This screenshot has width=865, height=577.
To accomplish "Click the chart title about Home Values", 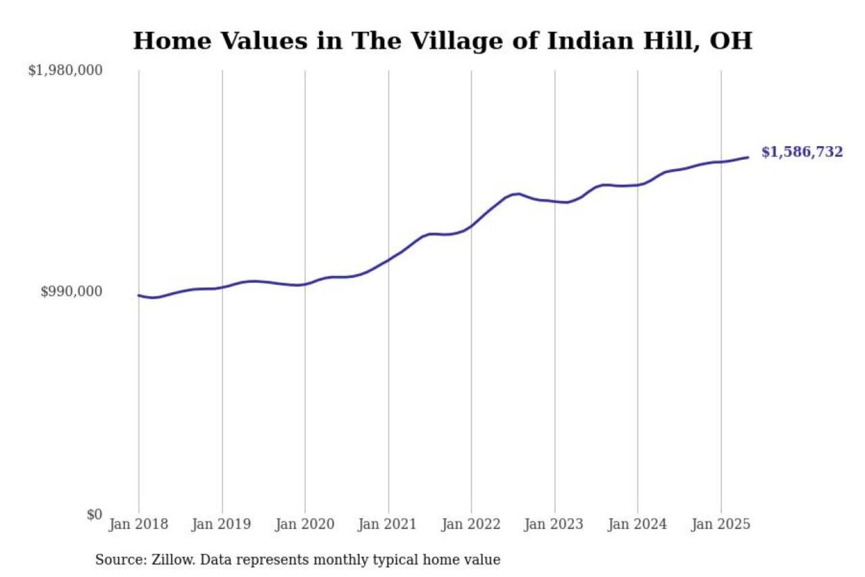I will pos(442,41).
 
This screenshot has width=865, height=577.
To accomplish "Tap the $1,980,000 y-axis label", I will pos(65,70).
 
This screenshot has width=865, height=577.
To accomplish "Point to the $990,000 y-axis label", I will pos(71,292).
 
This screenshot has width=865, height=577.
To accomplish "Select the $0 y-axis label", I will pos(94,514).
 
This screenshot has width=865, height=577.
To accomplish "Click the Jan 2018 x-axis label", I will pos(138,524).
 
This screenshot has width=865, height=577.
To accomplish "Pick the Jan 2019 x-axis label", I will pos(221,524).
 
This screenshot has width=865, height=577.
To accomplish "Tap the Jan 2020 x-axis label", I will pos(305,524).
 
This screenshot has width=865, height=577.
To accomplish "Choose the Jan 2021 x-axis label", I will pos(387,524).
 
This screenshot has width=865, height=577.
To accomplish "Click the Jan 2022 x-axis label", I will pos(471,524).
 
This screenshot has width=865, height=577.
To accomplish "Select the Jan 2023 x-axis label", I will pos(554,524).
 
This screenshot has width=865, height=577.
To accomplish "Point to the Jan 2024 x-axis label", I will pos(637,524).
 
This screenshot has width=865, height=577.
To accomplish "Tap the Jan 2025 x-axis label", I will pos(721,524).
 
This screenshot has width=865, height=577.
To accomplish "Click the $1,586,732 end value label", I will pos(802,152).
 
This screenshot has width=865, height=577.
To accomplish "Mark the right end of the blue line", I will pos(748,157).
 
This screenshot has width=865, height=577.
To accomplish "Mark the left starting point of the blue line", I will pos(139,295).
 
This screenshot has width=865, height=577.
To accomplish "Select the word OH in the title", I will pos(731,41).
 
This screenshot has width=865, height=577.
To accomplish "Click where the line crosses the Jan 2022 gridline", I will pos(472,226).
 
